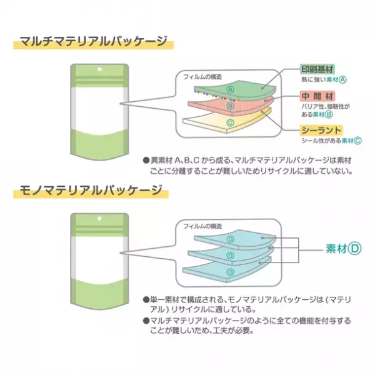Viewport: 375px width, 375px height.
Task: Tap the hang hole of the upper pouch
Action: [99, 70]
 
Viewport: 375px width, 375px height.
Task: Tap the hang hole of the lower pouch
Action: [99, 219]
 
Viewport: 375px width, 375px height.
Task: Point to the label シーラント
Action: [319, 130]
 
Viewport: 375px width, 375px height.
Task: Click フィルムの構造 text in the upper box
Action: [204, 76]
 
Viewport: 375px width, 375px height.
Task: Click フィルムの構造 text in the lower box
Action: [204, 225]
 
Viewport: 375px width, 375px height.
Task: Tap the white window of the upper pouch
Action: [99, 106]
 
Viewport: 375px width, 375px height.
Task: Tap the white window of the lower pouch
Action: [99, 255]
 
